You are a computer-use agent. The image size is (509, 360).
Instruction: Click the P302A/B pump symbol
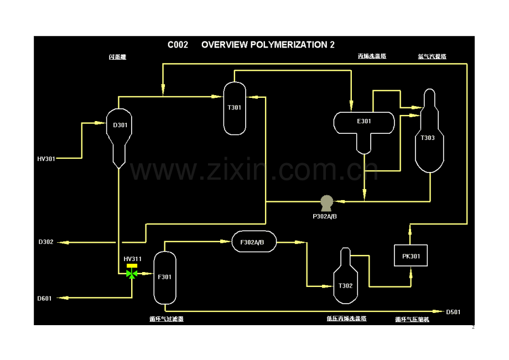(326, 202)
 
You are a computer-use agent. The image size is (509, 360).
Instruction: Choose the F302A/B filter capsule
(253, 242)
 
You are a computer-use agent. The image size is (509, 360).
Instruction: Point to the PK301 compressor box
(411, 256)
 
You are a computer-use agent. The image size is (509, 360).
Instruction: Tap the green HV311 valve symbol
(132, 274)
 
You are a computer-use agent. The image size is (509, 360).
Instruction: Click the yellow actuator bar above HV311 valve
(132, 266)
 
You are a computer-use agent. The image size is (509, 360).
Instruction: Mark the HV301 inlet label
(46, 159)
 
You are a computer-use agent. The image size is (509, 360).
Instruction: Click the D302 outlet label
(46, 242)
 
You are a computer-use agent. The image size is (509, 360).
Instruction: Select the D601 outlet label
(45, 299)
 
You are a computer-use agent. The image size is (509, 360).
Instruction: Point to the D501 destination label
(453, 312)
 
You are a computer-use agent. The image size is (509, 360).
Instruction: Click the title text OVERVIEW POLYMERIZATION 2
(268, 45)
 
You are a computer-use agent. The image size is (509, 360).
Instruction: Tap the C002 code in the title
(178, 45)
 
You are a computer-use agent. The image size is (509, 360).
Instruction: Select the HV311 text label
(132, 259)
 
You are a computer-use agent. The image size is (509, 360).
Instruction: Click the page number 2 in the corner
(473, 327)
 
